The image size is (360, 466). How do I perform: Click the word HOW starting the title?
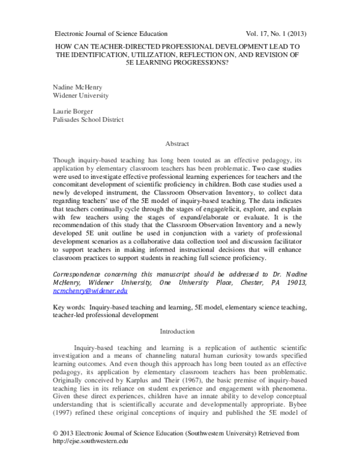click(64, 46)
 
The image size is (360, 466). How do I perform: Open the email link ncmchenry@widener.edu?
click(90, 291)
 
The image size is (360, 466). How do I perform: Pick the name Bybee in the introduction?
click(296, 411)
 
